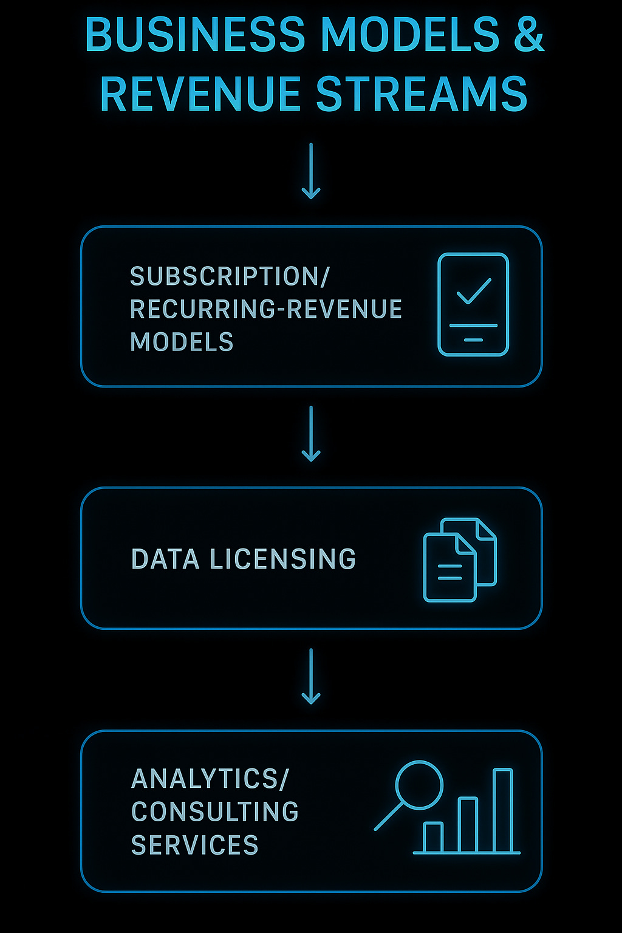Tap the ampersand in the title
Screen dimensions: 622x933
(x=529, y=35)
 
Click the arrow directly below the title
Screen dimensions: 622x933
(x=311, y=171)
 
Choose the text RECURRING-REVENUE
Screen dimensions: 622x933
(x=266, y=309)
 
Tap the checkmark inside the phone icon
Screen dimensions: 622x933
(x=474, y=291)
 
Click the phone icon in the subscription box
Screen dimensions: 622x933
(x=473, y=304)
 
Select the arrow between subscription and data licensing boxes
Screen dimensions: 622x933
(x=311, y=434)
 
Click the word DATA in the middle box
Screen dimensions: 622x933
(x=165, y=559)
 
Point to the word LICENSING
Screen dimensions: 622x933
(x=282, y=559)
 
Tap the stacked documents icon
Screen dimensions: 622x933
(x=460, y=559)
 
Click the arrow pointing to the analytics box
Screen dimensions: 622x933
(x=311, y=676)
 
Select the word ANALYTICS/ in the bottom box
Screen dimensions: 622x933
(x=210, y=779)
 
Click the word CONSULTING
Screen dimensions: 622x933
(x=215, y=812)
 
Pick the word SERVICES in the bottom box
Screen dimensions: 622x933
(x=195, y=845)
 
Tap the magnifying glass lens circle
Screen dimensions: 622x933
(x=419, y=785)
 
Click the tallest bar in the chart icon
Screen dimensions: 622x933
(x=503, y=810)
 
